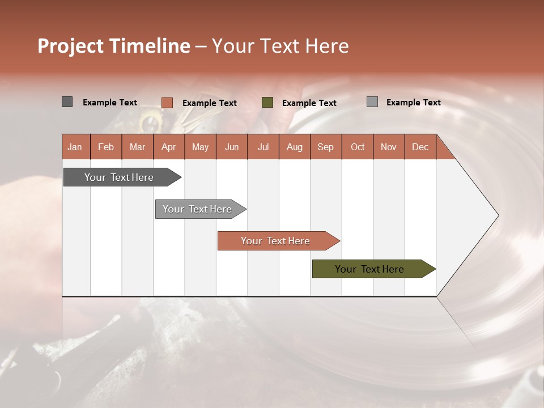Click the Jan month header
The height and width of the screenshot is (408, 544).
[75, 147]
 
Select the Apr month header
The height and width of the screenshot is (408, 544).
[169, 147]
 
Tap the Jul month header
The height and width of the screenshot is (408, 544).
[263, 147]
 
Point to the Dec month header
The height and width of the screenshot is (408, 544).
[420, 147]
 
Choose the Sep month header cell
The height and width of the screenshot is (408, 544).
[325, 147]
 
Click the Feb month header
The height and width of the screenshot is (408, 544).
[106, 147]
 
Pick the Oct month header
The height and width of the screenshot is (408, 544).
[358, 147]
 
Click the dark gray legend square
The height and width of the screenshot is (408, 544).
[67, 102]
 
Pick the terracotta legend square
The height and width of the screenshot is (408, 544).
[167, 103]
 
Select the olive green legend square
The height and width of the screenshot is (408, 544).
[267, 103]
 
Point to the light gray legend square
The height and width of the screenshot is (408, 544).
[372, 102]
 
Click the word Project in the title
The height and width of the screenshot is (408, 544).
[71, 46]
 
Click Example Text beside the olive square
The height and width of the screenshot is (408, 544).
[309, 103]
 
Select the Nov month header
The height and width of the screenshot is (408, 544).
[389, 147]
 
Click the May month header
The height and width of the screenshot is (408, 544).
[200, 147]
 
